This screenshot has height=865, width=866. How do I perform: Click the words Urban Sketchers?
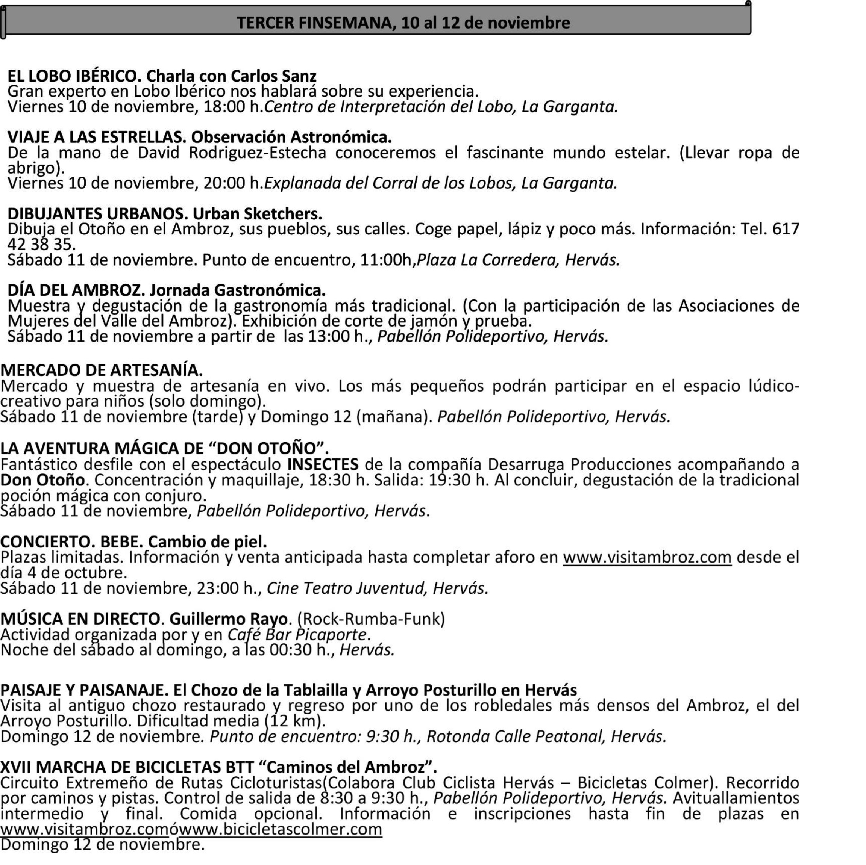257,214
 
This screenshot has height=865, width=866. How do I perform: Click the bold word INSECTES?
323,464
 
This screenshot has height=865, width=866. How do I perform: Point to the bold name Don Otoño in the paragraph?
42,480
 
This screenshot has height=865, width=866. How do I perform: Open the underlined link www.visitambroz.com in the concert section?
647,557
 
